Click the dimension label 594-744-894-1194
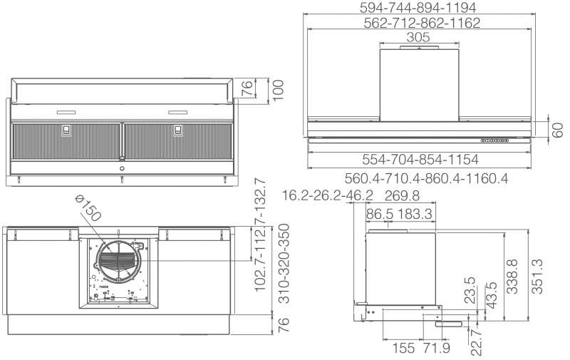click(418, 7)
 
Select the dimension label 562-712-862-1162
click(422, 23)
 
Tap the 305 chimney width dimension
click(418, 37)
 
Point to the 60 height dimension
click(558, 130)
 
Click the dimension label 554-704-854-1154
click(420, 159)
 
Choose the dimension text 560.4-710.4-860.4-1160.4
click(426, 178)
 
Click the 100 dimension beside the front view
click(278, 91)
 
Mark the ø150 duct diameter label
click(88, 208)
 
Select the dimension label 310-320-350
click(284, 263)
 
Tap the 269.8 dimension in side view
click(402, 195)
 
